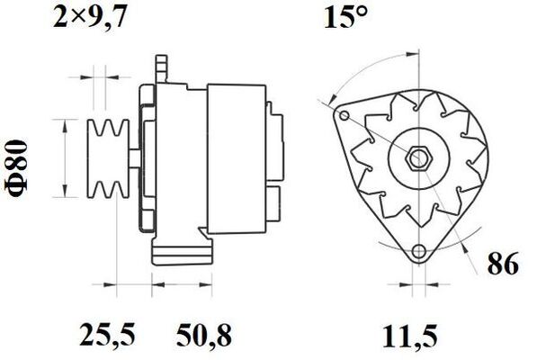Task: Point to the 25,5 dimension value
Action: [x=109, y=336]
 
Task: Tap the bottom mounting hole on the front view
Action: [x=416, y=254]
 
